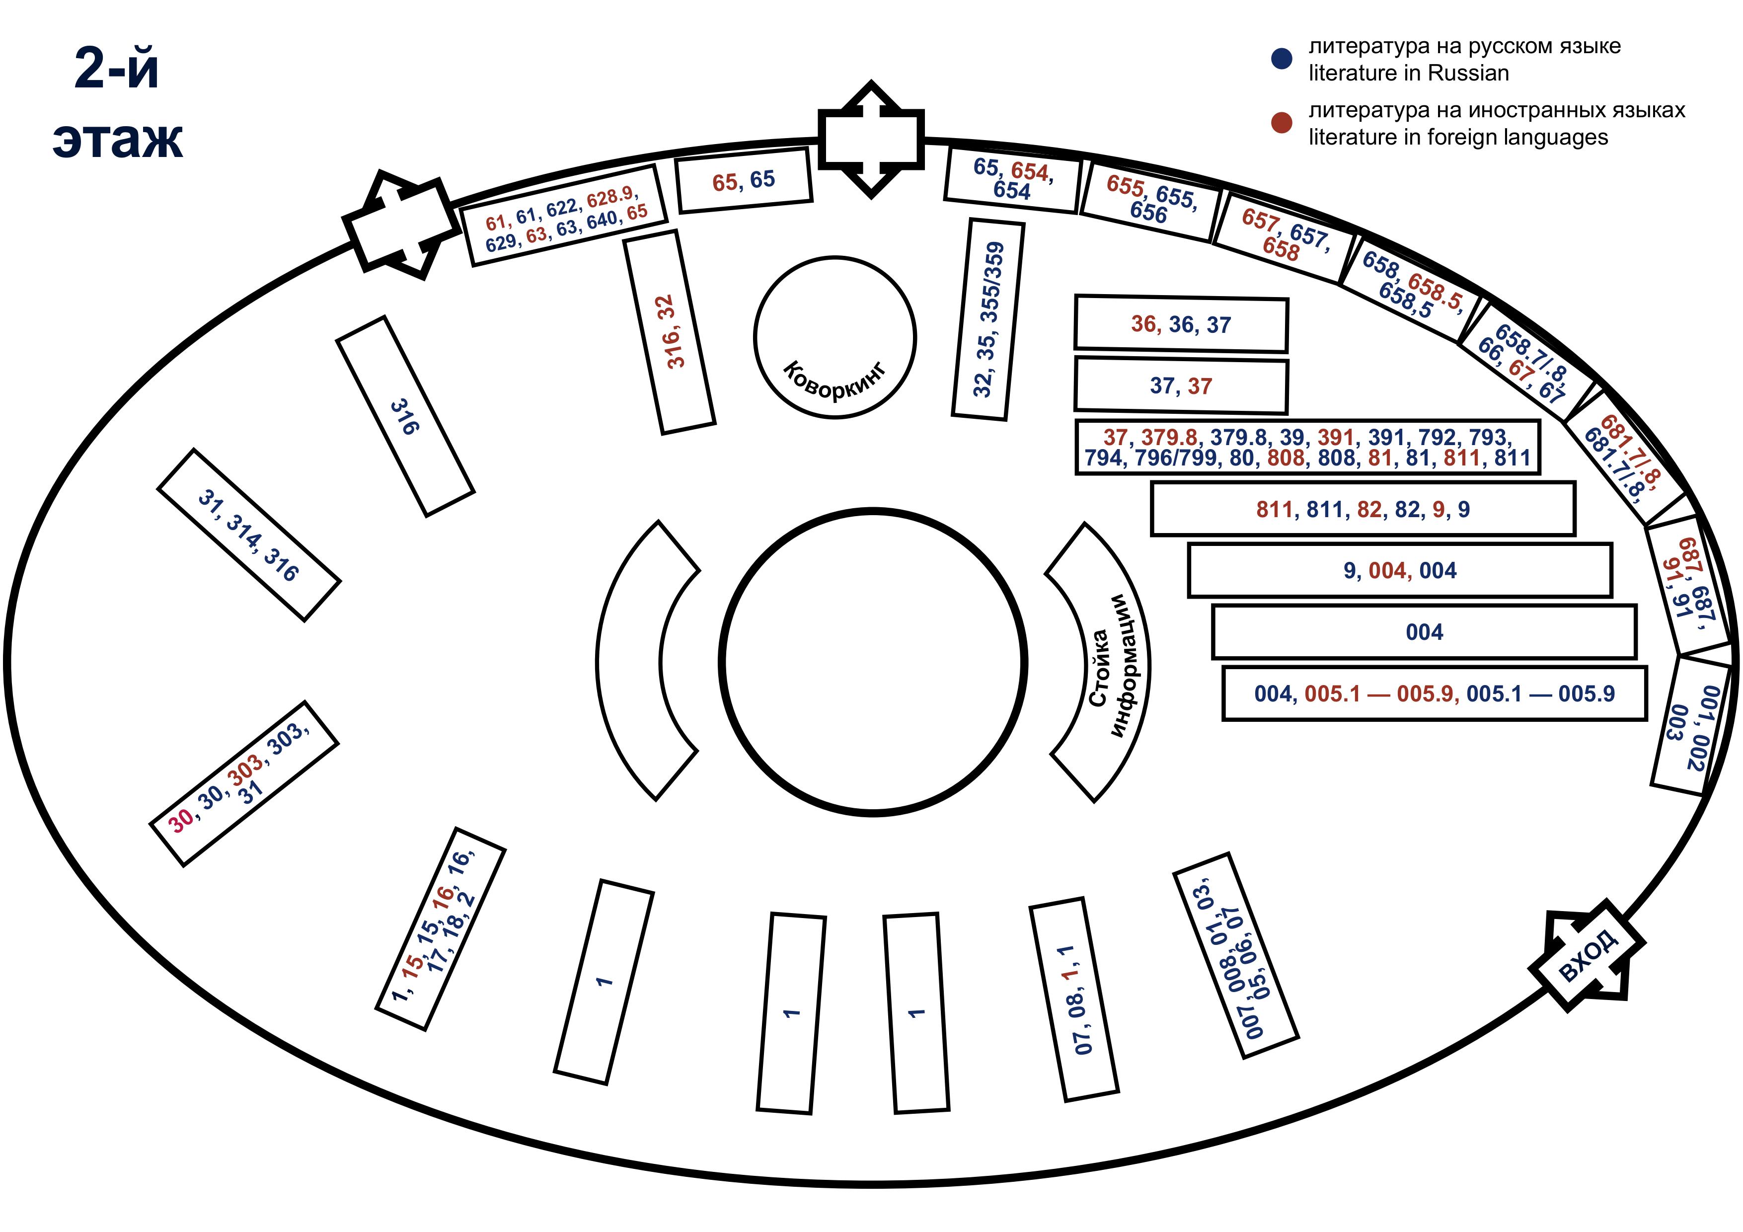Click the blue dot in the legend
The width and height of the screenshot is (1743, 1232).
pyautogui.click(x=1282, y=59)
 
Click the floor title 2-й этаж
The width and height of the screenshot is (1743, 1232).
pyautogui.click(x=118, y=102)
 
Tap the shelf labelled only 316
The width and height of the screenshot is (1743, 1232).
pyautogui.click(x=405, y=417)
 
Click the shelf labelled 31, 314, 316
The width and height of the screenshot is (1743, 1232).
pyautogui.click(x=249, y=535)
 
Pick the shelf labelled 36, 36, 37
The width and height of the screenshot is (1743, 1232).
pyautogui.click(x=1181, y=324)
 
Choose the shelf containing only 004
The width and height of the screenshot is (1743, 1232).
pyautogui.click(x=1424, y=631)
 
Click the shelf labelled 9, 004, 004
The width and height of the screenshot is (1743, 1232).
pyautogui.click(x=1400, y=570)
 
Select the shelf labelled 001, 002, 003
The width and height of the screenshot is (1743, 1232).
pyautogui.click(x=1691, y=726)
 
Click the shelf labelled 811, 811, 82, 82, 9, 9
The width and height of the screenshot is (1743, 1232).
pyautogui.click(x=1363, y=509)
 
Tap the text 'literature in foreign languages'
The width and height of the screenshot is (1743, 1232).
pyautogui.click(x=1457, y=138)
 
